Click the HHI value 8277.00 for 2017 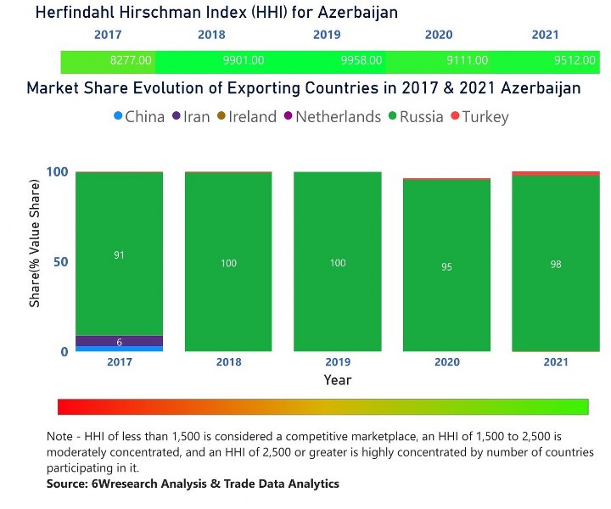click(x=131, y=60)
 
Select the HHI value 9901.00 click(x=243, y=60)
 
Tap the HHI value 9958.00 click(x=361, y=60)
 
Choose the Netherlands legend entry click(x=331, y=117)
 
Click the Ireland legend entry click(x=247, y=117)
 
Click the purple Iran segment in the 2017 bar click(x=119, y=341)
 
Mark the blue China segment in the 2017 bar click(x=119, y=349)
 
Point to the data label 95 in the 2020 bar click(x=446, y=267)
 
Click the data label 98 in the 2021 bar click(x=556, y=264)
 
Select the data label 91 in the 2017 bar click(x=119, y=255)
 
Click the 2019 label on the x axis click(x=338, y=363)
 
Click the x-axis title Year click(x=338, y=380)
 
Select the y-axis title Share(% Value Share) click(x=35, y=261)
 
